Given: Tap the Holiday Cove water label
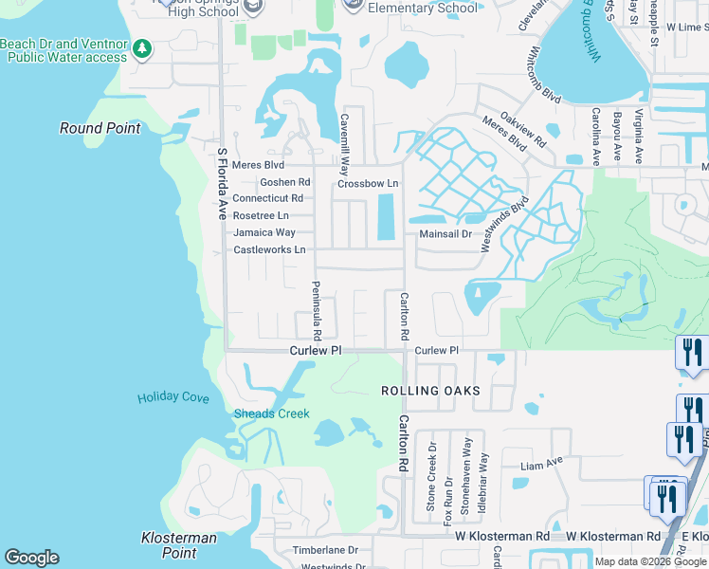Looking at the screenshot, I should tap(173, 398).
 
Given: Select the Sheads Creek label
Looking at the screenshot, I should tap(271, 413).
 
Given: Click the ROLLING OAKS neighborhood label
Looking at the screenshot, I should tap(430, 391).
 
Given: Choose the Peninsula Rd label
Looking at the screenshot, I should tap(318, 310).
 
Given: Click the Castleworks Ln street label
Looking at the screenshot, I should tap(269, 250).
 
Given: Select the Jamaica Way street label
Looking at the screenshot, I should tap(264, 232).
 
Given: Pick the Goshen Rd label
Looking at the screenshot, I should tap(284, 182).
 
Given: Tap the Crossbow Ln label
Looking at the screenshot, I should tap(369, 183).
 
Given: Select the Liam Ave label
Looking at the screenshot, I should tap(542, 466).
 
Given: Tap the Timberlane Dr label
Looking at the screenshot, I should tap(325, 550).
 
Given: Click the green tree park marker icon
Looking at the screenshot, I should tap(142, 47).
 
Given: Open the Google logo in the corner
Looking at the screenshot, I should tap(31, 558).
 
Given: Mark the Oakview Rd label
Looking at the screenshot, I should tap(523, 131).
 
